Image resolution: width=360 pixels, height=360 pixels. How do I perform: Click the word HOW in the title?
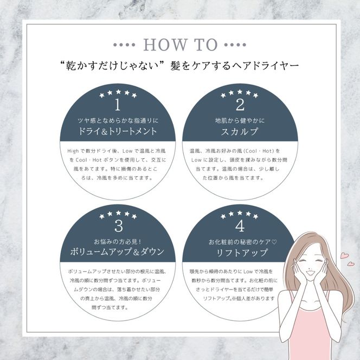[165, 44]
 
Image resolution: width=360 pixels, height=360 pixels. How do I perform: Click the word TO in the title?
[205, 44]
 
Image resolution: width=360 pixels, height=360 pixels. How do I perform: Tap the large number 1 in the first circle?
[118, 105]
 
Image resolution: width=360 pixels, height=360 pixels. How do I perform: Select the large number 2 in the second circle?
[240, 105]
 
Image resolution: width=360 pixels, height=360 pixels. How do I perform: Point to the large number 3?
[119, 226]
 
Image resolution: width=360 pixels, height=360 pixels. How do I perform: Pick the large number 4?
[240, 226]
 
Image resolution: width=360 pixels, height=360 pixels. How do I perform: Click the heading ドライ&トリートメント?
[118, 131]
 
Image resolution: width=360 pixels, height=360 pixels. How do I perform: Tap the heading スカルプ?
[240, 132]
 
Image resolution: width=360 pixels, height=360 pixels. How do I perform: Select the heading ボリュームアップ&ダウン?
[117, 252]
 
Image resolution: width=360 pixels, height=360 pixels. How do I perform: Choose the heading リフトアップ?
[242, 253]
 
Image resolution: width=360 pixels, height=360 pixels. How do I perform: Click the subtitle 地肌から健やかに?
[240, 120]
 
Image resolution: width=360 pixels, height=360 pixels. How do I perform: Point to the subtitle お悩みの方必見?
[117, 241]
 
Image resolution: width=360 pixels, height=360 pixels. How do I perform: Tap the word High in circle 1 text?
[73, 151]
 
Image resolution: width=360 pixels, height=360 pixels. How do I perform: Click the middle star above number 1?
[118, 92]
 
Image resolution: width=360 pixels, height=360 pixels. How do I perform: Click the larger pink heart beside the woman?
[344, 255]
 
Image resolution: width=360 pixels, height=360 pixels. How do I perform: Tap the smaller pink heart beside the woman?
[351, 264]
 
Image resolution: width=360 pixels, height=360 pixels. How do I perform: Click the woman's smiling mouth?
[309, 273]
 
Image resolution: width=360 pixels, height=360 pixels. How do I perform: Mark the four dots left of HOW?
[124, 45]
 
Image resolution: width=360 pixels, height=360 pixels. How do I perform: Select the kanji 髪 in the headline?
[176, 66]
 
